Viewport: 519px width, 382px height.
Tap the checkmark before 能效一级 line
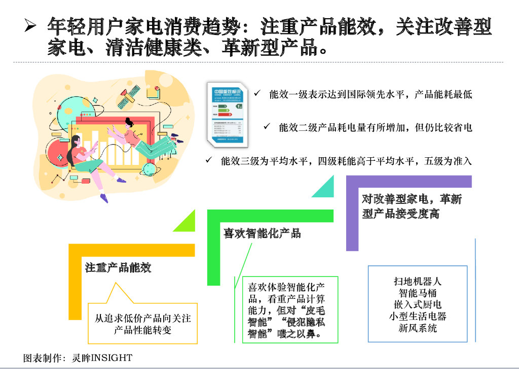click(257, 94)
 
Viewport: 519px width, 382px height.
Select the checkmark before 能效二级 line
click(267, 126)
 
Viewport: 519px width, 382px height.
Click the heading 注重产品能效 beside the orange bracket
click(118, 267)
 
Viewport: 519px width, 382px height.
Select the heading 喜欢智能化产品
click(263, 233)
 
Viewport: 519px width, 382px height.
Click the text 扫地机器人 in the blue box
click(418, 281)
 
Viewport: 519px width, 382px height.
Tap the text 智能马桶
click(418, 293)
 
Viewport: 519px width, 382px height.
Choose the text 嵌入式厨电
click(418, 304)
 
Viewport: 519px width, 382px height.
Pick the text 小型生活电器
click(418, 316)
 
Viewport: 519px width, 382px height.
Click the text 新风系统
click(418, 328)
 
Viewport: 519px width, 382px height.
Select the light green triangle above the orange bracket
click(187, 222)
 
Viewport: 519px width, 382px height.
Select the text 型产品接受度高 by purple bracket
click(400, 214)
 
